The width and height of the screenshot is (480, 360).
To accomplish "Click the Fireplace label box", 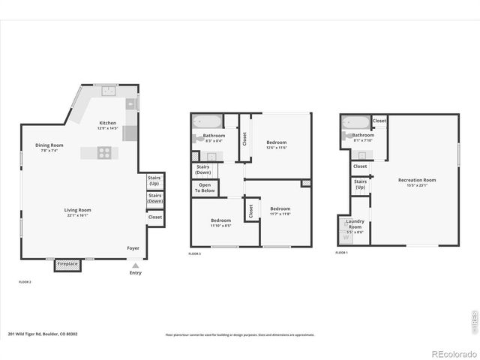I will click(68, 265).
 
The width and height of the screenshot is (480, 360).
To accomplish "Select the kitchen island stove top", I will click(104, 153).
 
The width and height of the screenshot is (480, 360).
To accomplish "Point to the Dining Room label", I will click(49, 145).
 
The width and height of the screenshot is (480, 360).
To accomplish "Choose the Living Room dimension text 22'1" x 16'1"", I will click(78, 216).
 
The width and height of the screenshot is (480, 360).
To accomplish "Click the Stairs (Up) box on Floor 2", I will click(154, 181).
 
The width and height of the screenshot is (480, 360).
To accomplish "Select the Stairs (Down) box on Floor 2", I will click(154, 199).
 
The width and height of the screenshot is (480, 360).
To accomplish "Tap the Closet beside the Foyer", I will click(154, 217).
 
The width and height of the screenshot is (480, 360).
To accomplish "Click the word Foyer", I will click(133, 247).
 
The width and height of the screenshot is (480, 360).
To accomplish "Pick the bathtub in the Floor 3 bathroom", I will click(205, 121).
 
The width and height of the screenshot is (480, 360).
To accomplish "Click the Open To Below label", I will click(205, 188).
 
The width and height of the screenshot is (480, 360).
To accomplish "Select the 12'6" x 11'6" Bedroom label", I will click(277, 145).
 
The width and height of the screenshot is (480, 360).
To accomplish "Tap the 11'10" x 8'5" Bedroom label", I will click(220, 223).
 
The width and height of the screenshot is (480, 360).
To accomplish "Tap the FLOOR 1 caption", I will click(342, 253).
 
